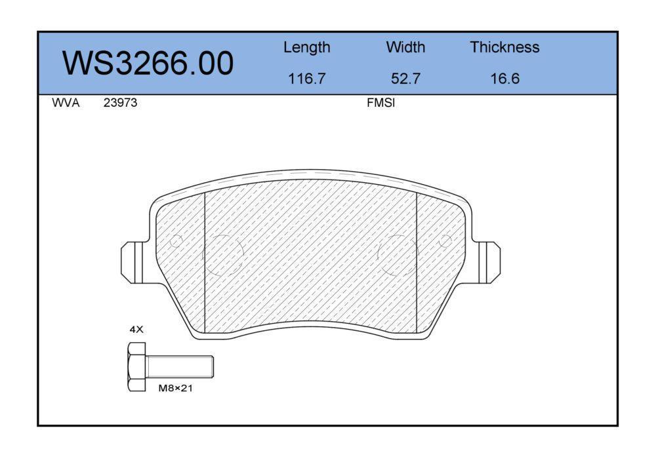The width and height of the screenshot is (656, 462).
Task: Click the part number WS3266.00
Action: pyautogui.click(x=148, y=63)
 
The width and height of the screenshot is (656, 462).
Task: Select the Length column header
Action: pyautogui.click(x=306, y=48)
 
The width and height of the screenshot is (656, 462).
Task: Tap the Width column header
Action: pyautogui.click(x=405, y=47)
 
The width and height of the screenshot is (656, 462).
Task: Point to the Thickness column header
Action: pyautogui.click(x=504, y=47)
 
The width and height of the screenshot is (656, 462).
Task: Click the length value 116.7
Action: pyautogui.click(x=306, y=79)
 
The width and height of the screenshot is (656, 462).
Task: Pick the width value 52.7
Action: pyautogui.click(x=405, y=79)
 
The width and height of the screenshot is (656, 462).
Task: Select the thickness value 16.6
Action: pyautogui.click(x=505, y=79)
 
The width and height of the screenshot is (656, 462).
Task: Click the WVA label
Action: pyautogui.click(x=66, y=103)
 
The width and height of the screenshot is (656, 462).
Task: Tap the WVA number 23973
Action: pyautogui.click(x=120, y=103)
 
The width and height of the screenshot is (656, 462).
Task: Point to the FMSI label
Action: pyautogui.click(x=380, y=103)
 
